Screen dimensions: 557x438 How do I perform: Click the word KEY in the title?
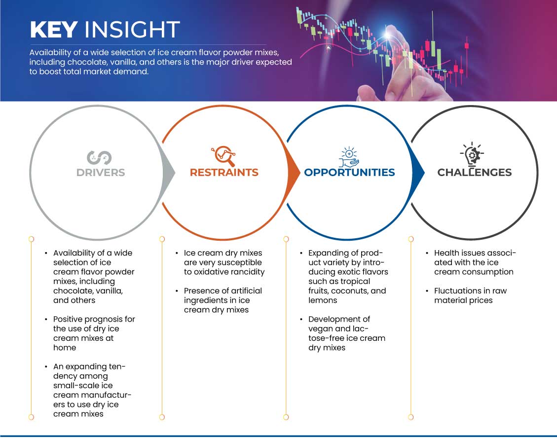click(54, 30)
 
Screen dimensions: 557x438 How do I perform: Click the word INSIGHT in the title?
click(132, 30)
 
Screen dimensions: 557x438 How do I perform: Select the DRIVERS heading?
click(101, 173)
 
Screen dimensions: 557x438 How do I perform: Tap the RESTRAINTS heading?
click(224, 173)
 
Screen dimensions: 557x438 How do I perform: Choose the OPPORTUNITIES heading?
click(350, 173)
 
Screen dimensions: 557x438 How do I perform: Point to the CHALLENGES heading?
click(475, 173)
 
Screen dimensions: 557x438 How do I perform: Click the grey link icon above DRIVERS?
click(99, 158)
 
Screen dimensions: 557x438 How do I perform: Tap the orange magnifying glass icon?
click(224, 156)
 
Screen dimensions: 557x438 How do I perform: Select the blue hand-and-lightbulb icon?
click(349, 157)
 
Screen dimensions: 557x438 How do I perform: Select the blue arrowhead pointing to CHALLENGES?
click(418, 173)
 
